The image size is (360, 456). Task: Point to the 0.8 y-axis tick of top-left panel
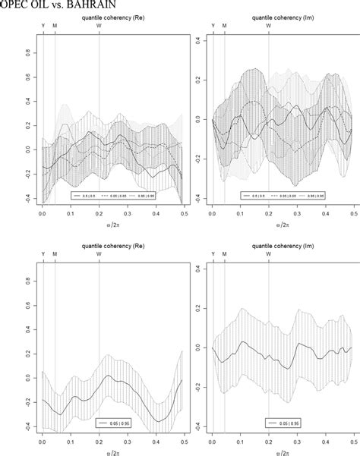click(x=28, y=53)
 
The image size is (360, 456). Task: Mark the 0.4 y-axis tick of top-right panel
click(x=197, y=37)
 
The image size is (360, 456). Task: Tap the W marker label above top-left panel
click(x=99, y=26)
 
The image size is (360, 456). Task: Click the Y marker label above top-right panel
click(x=213, y=26)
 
